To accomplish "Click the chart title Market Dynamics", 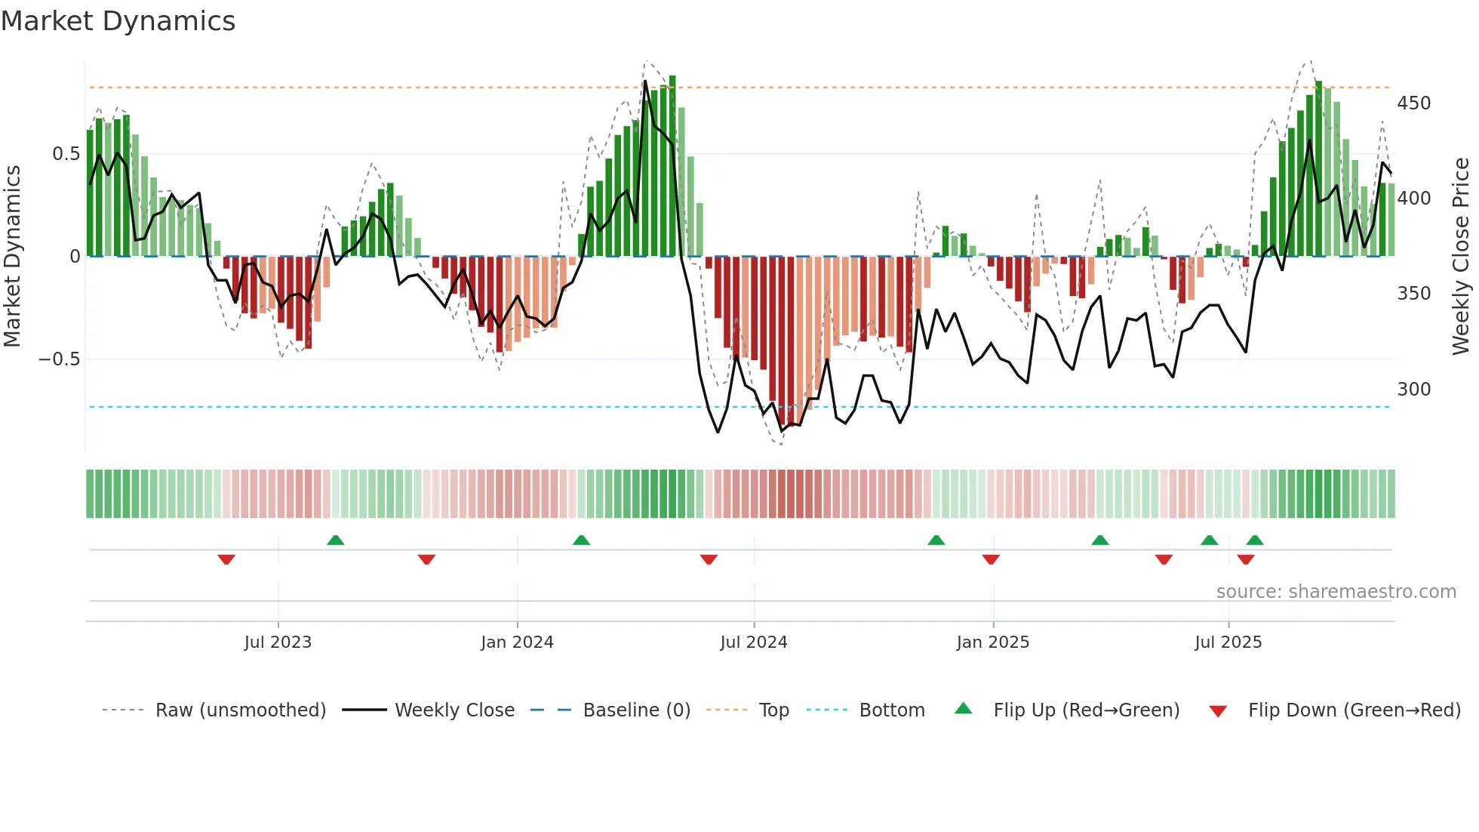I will click(x=118, y=21).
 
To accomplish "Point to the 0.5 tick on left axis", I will click(x=66, y=154).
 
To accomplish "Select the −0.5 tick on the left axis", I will click(x=59, y=359).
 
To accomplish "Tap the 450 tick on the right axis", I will click(x=1413, y=103).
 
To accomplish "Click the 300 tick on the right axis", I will click(x=1413, y=390).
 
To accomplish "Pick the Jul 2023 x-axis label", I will click(x=278, y=642).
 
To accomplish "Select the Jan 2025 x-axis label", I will click(x=992, y=642).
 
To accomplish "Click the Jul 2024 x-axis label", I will click(x=753, y=642).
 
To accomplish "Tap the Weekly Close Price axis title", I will click(x=1461, y=257).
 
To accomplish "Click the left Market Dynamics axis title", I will click(x=12, y=257).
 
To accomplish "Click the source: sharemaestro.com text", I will click(x=1336, y=592).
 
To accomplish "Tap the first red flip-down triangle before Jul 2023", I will click(x=226, y=559).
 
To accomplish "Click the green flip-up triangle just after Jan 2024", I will click(x=581, y=540).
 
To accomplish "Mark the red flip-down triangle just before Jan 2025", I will click(x=991, y=559).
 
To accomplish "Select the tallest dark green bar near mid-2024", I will click(x=672, y=166).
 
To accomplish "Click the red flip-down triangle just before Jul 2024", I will click(x=709, y=559).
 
